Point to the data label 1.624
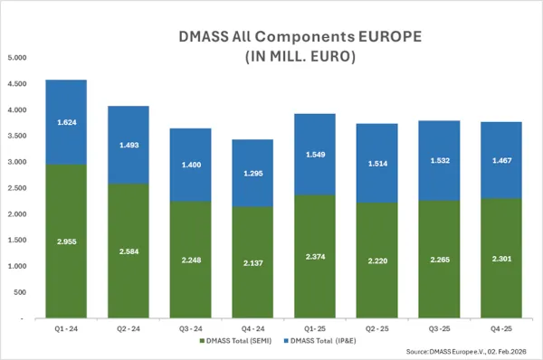[x=66, y=121]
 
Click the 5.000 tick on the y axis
[x=17, y=57]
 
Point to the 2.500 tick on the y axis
[x=17, y=188]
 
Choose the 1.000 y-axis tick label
[x=17, y=267]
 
